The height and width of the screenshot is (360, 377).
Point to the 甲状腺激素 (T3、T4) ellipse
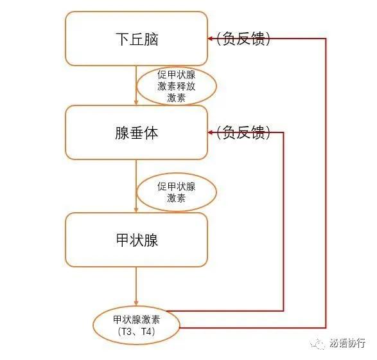tap(136, 325)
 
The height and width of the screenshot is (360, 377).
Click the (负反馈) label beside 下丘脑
tap(243, 39)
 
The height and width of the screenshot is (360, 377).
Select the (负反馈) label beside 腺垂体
tap(243, 132)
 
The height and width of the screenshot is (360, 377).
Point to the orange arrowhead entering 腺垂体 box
tap(136, 102)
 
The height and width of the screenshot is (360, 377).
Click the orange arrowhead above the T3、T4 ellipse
tap(136, 303)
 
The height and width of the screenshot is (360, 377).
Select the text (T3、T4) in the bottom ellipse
tap(136, 332)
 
